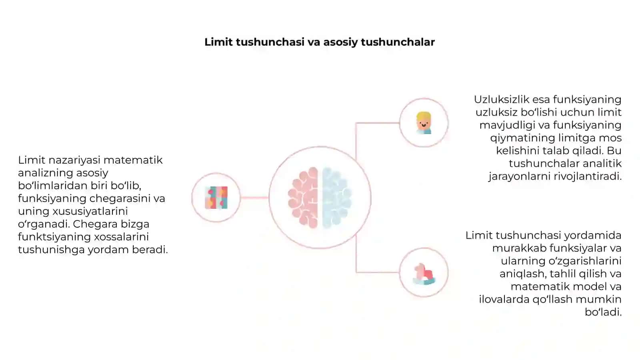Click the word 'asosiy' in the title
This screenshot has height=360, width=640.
click(x=340, y=42)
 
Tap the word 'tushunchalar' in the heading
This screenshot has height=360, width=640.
click(x=398, y=42)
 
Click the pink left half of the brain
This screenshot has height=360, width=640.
click(x=303, y=198)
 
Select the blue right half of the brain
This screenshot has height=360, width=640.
click(x=337, y=198)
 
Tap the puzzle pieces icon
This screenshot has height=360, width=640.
click(x=216, y=198)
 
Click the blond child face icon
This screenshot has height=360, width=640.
click(x=424, y=123)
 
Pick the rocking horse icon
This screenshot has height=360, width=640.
click(x=424, y=274)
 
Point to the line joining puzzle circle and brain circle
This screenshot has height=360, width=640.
click(x=254, y=198)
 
